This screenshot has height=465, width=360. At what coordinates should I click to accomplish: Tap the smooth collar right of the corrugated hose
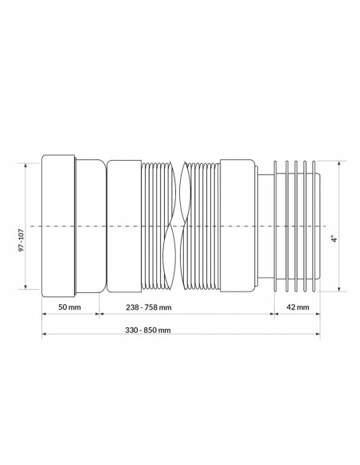[x=237, y=226]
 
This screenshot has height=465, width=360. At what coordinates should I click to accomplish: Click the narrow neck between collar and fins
[x=263, y=226]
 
